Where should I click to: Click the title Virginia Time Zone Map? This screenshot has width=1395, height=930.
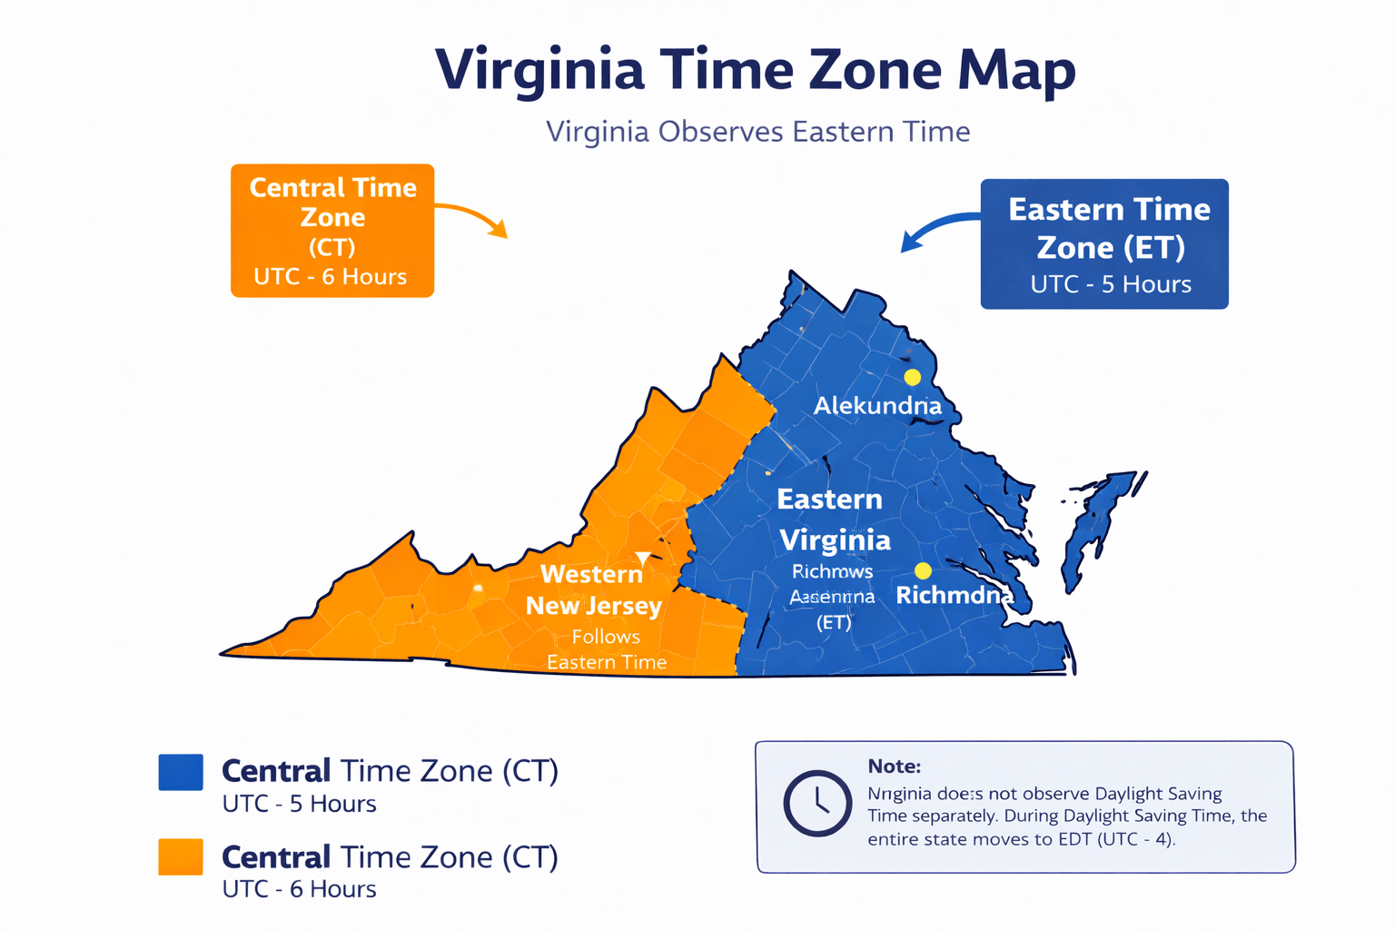pyautogui.click(x=755, y=70)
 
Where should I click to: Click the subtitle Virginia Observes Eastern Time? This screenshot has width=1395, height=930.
pyautogui.click(x=757, y=132)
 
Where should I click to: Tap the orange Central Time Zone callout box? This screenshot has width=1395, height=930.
pyautogui.click(x=332, y=231)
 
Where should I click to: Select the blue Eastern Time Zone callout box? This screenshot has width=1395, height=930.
pyautogui.click(x=1104, y=244)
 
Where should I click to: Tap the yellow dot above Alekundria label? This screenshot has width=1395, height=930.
pyautogui.click(x=912, y=377)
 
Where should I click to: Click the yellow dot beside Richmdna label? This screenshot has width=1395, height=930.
pyautogui.click(x=923, y=570)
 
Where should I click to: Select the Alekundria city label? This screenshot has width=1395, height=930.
pyautogui.click(x=876, y=406)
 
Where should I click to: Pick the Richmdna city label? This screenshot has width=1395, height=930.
pyautogui.click(x=954, y=595)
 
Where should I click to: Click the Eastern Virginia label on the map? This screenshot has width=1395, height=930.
pyautogui.click(x=833, y=519)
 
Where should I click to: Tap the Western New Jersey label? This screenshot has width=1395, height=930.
pyautogui.click(x=593, y=589)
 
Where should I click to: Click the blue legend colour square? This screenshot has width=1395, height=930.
pyautogui.click(x=181, y=772)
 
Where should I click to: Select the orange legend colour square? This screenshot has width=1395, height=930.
pyautogui.click(x=181, y=856)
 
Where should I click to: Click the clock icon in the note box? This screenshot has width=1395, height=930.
pyautogui.click(x=817, y=803)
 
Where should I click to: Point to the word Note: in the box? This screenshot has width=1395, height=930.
pyautogui.click(x=894, y=766)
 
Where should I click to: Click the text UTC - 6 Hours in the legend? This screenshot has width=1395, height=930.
pyautogui.click(x=299, y=888)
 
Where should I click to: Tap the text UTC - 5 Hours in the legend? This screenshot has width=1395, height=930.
pyautogui.click(x=299, y=804)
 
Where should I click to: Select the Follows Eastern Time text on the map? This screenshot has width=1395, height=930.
pyautogui.click(x=606, y=649)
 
